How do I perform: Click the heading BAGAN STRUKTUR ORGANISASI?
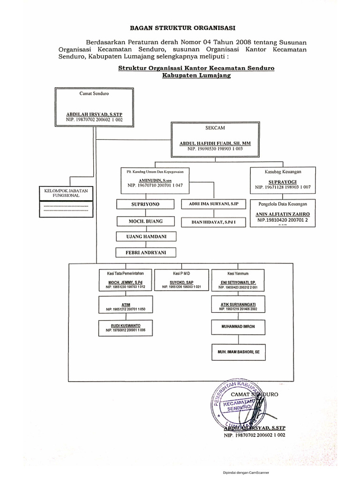click(x=180, y=28)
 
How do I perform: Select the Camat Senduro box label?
click(x=94, y=94)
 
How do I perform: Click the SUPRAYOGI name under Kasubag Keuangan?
click(x=281, y=180)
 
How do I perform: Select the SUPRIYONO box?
click(x=145, y=205)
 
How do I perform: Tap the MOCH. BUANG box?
click(x=145, y=221)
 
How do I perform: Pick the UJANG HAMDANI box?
click(x=145, y=237)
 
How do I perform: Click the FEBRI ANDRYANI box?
click(x=145, y=253)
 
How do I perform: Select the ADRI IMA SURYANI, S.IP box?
click(x=210, y=204)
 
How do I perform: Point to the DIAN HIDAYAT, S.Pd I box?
click(x=210, y=221)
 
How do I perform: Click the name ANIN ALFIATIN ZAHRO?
click(x=282, y=214)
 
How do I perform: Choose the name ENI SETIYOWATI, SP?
click(x=238, y=283)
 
